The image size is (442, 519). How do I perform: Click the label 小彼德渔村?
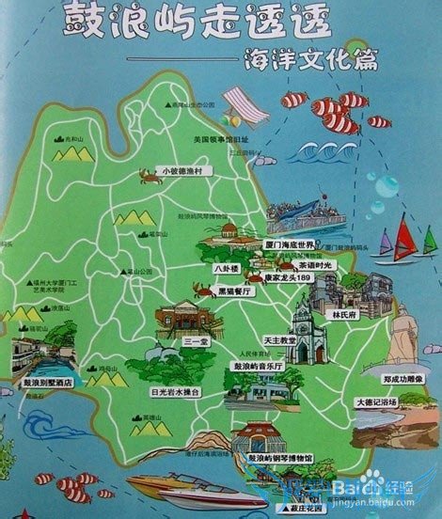click(188, 172)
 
